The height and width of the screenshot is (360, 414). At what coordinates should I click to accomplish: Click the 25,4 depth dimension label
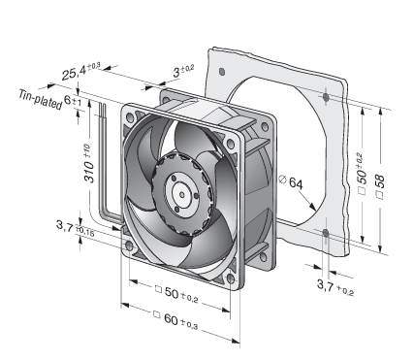(80, 71)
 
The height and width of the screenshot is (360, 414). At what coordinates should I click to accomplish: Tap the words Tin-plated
(41, 100)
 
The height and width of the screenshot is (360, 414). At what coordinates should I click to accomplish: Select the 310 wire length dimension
(89, 164)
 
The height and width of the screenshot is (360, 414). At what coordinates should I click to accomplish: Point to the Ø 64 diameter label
(291, 182)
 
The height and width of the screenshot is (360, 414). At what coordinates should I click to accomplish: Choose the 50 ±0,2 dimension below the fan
(176, 293)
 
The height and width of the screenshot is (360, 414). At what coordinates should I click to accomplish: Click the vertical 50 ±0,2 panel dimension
(362, 174)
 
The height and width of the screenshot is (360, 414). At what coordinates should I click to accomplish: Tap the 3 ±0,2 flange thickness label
(183, 71)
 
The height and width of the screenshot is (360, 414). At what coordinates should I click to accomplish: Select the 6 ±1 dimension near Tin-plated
(73, 100)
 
